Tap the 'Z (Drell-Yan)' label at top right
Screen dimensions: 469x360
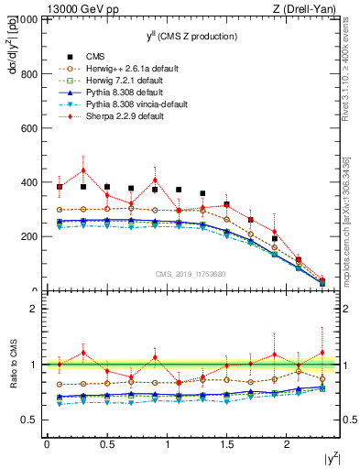tap(308, 7)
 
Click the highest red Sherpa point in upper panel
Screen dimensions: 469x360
tap(83, 170)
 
